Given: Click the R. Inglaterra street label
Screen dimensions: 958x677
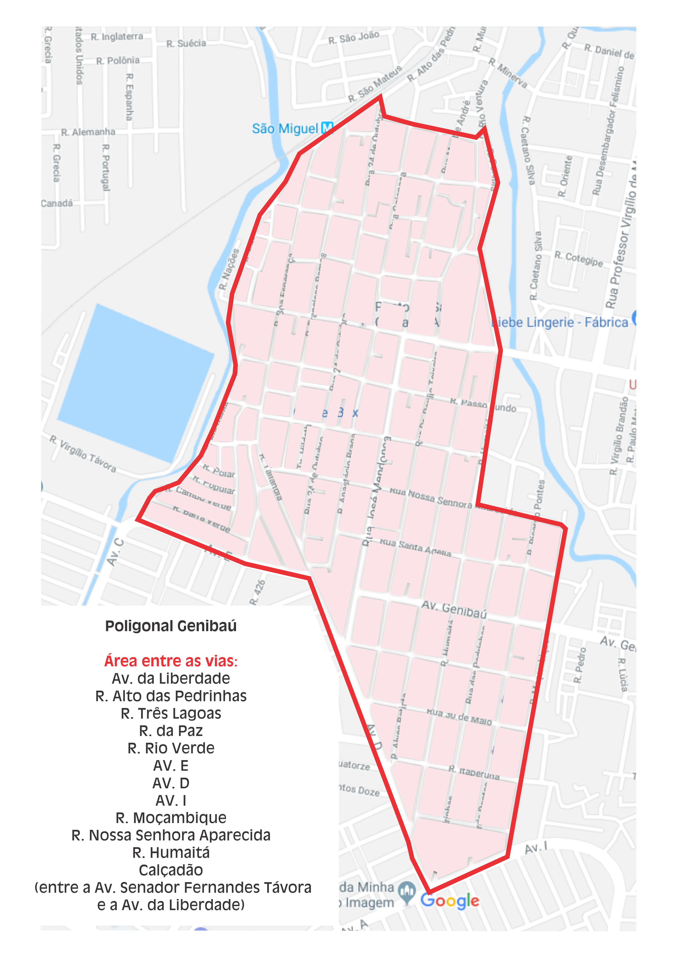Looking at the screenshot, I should tap(117, 37).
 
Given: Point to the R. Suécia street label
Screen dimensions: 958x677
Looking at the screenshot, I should tap(186, 43).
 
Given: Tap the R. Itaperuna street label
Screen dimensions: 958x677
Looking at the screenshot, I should tap(474, 773).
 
